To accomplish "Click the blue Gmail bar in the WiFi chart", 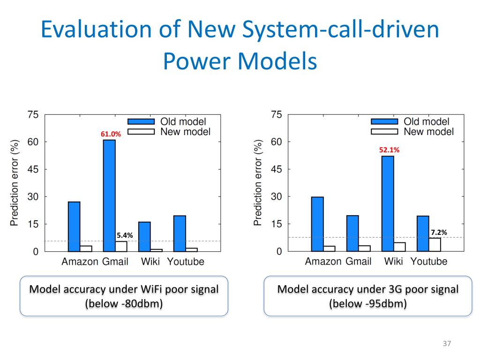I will coord(109,195).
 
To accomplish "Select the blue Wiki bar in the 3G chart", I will coord(388,203).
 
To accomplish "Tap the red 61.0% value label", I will coord(111,134).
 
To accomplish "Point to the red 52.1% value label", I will coord(389,150).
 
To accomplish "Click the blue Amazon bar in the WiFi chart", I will coord(74,226).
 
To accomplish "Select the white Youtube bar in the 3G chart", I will coord(435,245).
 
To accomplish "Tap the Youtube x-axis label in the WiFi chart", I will coord(186,262).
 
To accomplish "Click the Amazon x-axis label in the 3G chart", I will coord(323,262).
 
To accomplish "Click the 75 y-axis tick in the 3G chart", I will coord(277,115).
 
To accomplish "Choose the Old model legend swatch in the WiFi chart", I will coord(141,122).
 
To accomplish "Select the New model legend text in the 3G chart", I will coord(428,132).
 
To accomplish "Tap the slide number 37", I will coord(446,345).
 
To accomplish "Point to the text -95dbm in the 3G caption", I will coord(382,304).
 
